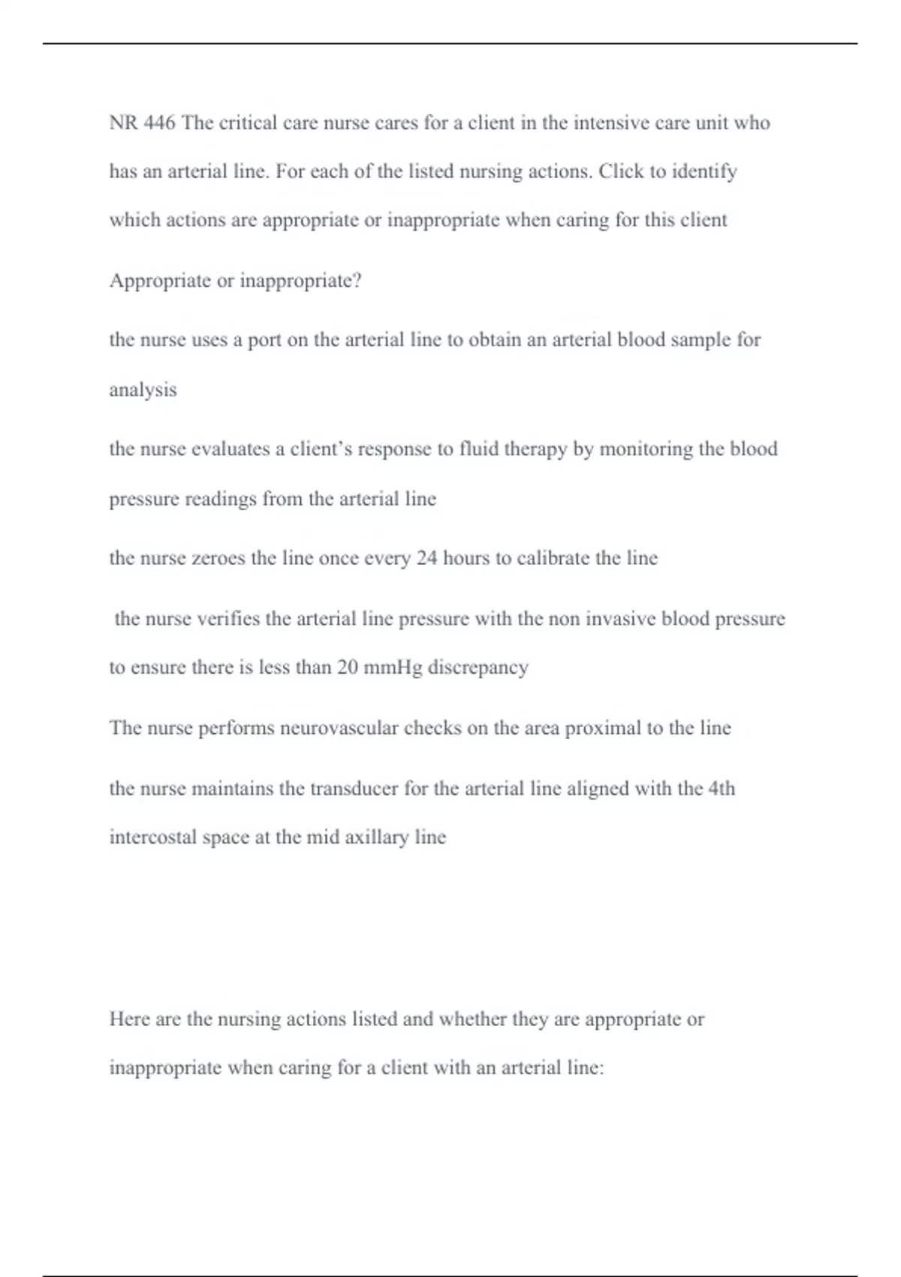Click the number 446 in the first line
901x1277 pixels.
coord(159,122)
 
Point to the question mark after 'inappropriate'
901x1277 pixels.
coord(357,281)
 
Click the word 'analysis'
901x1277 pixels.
coord(143,390)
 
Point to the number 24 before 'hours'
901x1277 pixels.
coord(426,558)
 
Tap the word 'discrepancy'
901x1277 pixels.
coord(478,668)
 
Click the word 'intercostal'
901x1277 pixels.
coord(152,838)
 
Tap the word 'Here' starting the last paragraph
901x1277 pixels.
coord(129,1019)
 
